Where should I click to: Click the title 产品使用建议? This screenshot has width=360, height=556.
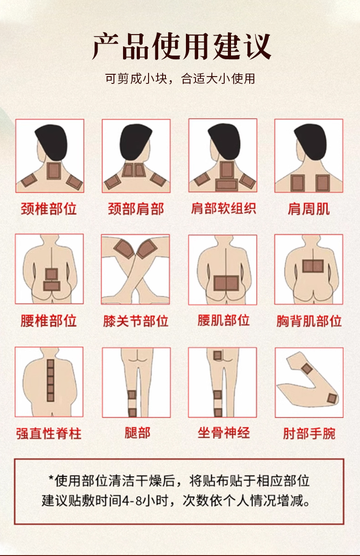coord(181,46)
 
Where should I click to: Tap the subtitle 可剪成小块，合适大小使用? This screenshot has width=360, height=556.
coord(180,79)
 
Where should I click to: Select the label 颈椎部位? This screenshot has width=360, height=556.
coord(49,209)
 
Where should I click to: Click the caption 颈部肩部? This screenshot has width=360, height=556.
coord(136,209)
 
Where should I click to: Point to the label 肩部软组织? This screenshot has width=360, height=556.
coord(223,208)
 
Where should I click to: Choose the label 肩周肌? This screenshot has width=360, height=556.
coord(309,209)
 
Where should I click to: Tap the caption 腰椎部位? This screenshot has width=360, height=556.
coord(49,321)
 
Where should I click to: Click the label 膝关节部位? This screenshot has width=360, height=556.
coord(136,321)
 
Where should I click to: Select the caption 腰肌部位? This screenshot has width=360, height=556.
coord(223,320)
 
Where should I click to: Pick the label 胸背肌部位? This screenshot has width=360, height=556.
coord(309,321)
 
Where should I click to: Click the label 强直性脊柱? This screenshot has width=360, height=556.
coord(49,433)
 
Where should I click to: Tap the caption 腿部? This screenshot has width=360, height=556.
coord(137,432)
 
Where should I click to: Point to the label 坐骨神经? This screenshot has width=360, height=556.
coord(223,432)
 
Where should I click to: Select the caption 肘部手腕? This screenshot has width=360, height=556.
coord(309,433)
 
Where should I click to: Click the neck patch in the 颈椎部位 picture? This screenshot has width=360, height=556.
coord(54,170)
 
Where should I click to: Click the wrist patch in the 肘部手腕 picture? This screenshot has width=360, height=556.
coord(307,369)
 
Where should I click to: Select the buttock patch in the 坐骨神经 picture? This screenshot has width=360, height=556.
coord(218,355)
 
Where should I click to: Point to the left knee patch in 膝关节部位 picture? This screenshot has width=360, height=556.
coord(124,248)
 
